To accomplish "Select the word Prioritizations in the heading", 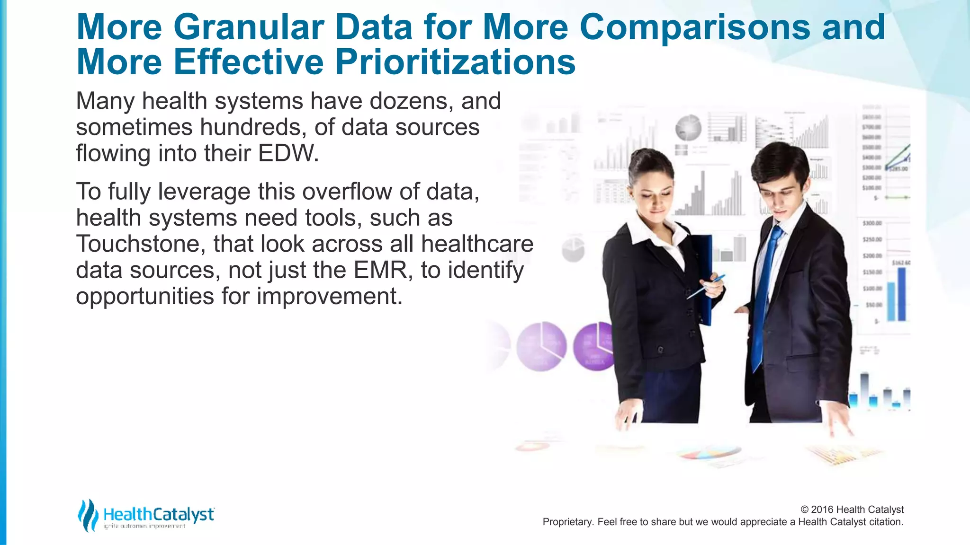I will pyautogui.click(x=455, y=62).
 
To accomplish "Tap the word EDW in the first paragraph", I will pyautogui.click(x=288, y=153).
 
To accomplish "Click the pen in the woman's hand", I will pyautogui.click(x=706, y=287).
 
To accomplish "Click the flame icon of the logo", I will pyautogui.click(x=88, y=515).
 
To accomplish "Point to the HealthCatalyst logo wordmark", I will pyautogui.click(x=159, y=514).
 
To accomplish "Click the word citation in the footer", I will pyautogui.click(x=885, y=522).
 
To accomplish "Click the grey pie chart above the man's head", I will pyautogui.click(x=688, y=128).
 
